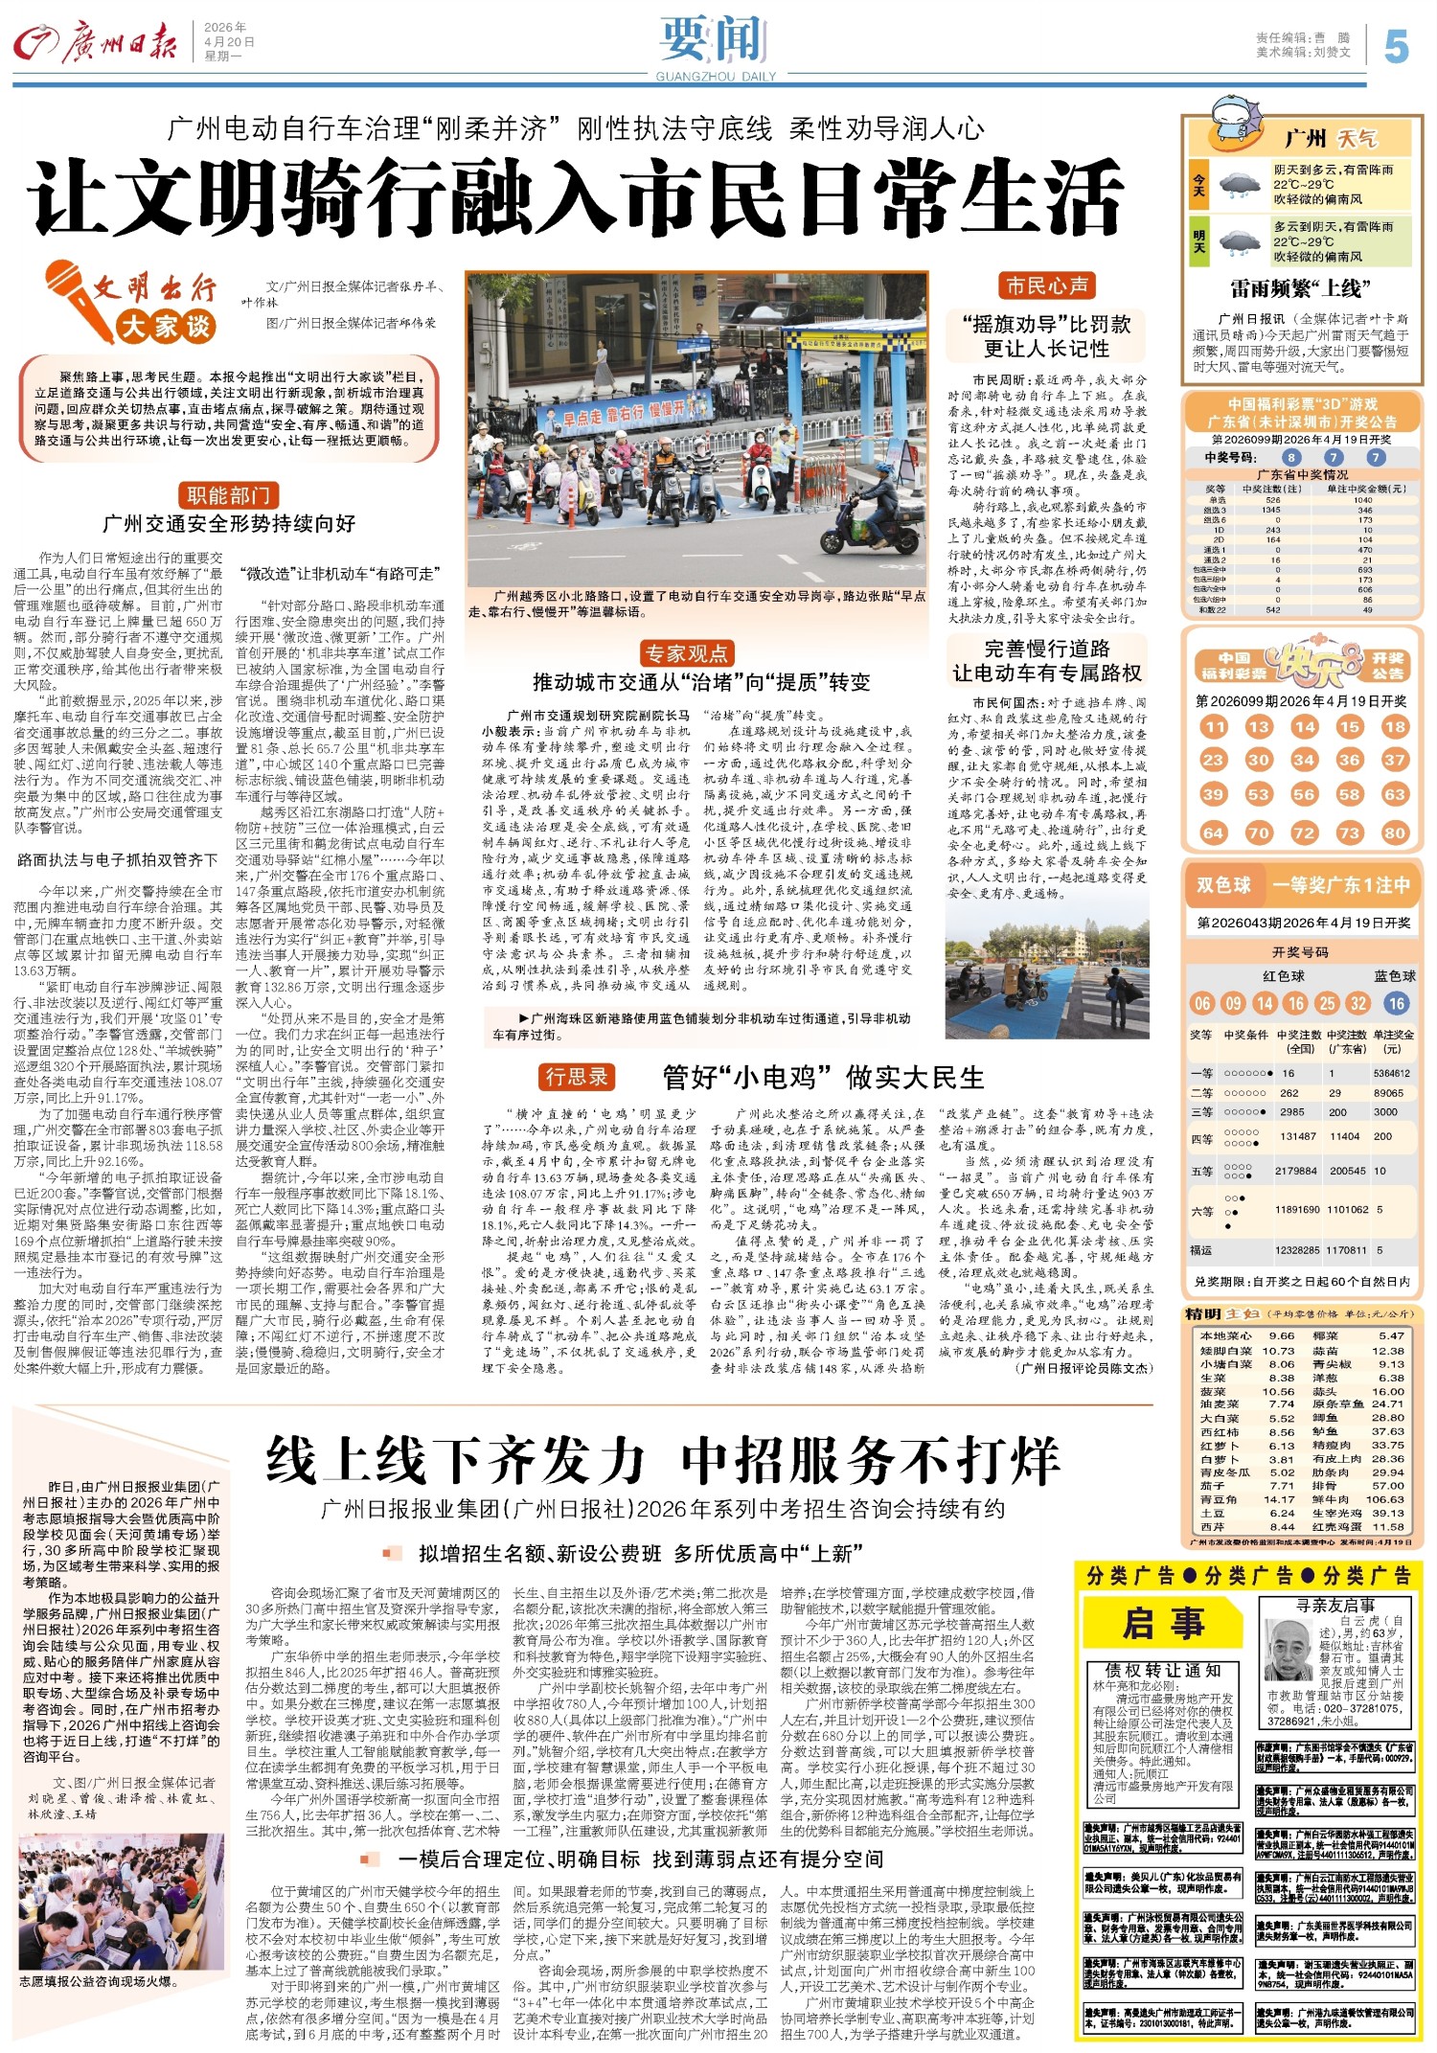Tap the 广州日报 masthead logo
click(x=95, y=43)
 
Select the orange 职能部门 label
click(x=229, y=495)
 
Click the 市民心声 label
click(x=1046, y=285)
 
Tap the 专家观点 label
click(x=687, y=653)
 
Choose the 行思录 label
click(x=577, y=1077)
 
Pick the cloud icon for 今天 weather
click(x=1240, y=184)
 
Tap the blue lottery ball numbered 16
click(x=1396, y=1003)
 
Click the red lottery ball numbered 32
click(x=1357, y=1003)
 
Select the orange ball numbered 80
click(x=1395, y=833)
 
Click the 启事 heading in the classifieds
click(x=1163, y=1623)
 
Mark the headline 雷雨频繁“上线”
click(x=1300, y=288)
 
